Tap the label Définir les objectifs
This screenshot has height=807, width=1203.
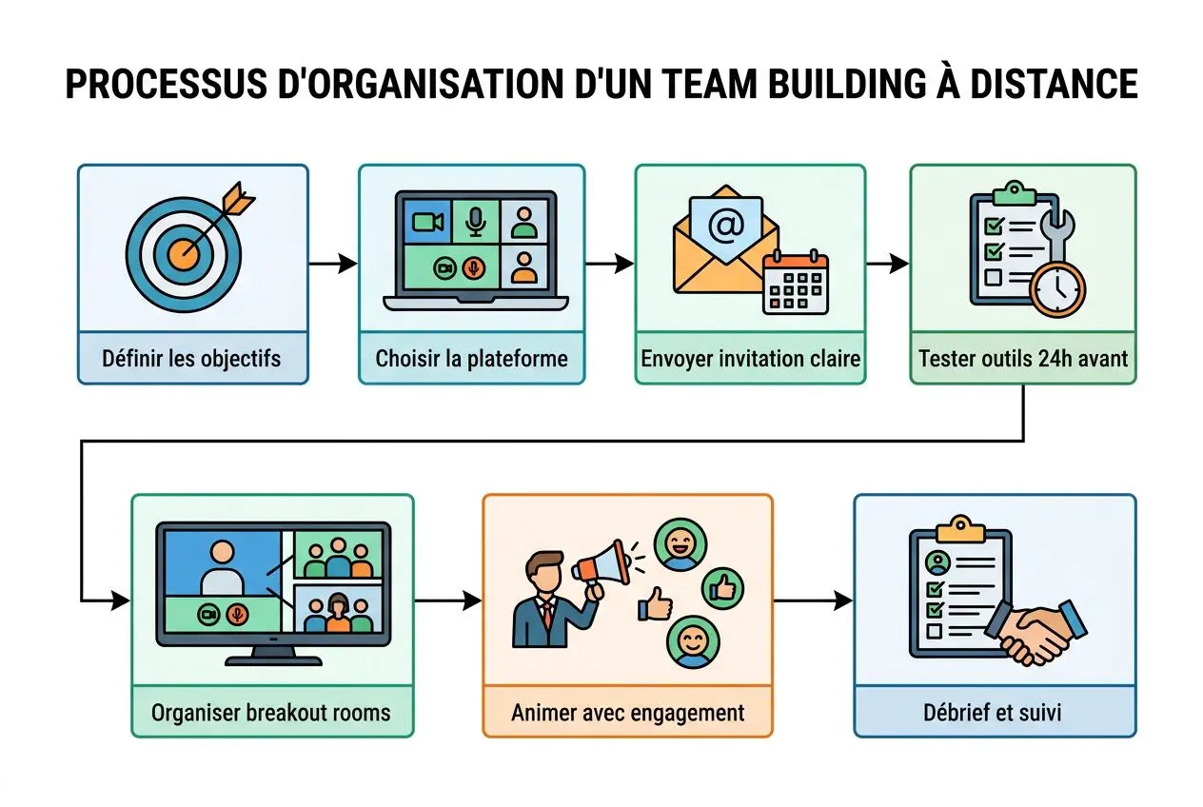(192, 359)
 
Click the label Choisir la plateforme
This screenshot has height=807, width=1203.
(471, 359)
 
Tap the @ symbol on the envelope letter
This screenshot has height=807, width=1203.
(725, 226)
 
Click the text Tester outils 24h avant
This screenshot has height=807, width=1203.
(1023, 359)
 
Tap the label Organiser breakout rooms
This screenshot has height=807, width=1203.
(272, 713)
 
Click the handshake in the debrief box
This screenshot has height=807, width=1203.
(1037, 631)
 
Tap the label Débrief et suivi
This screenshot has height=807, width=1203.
(994, 713)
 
